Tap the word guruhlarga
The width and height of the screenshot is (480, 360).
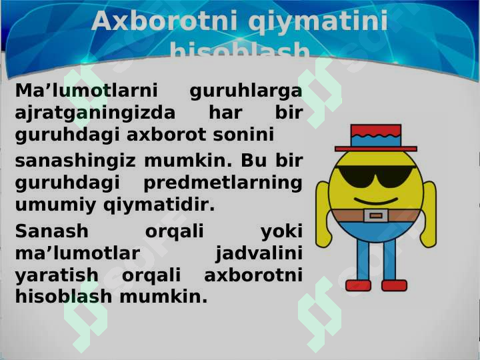[245, 91]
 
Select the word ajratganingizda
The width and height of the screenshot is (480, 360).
[95, 113]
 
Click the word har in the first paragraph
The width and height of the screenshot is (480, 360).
[225, 113]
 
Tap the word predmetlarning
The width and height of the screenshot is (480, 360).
[223, 183]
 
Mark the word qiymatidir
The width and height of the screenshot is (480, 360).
[159, 205]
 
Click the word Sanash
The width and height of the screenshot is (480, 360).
[51, 231]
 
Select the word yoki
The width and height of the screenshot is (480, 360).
[281, 231]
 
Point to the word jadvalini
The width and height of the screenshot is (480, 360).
[259, 253]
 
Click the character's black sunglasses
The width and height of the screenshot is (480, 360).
[375, 175]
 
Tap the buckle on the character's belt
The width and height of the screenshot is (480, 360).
[376, 215]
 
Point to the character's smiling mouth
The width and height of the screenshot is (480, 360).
[375, 200]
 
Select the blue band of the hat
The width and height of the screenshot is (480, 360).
[376, 141]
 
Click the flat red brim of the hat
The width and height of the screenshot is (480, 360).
[376, 149]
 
